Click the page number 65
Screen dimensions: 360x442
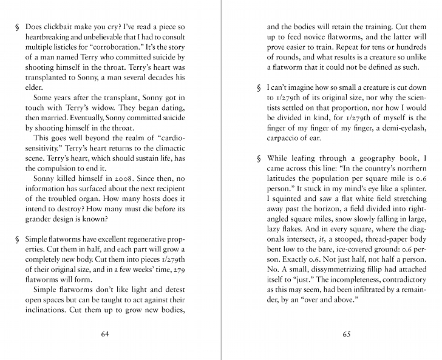tap(347, 334)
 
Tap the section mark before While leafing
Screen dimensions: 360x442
tap(259, 159)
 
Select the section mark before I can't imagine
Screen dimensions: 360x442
tap(259, 87)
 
